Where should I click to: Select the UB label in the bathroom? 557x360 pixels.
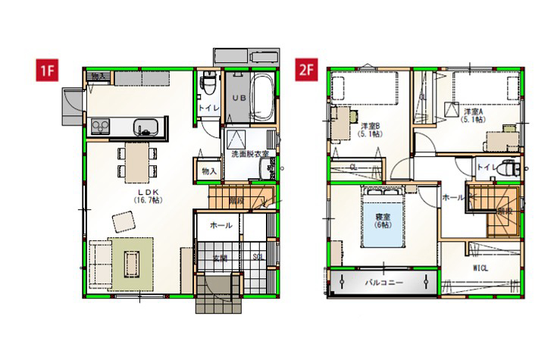pyautogui.click(x=238, y=99)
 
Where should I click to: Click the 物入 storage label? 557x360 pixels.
pyautogui.click(x=209, y=171)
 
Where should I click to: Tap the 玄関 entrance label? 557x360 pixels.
pyautogui.click(x=220, y=258)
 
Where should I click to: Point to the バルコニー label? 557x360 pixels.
pyautogui.click(x=383, y=282)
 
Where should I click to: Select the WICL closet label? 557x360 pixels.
pyautogui.click(x=480, y=268)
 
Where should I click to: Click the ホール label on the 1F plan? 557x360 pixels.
pyautogui.click(x=221, y=225)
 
